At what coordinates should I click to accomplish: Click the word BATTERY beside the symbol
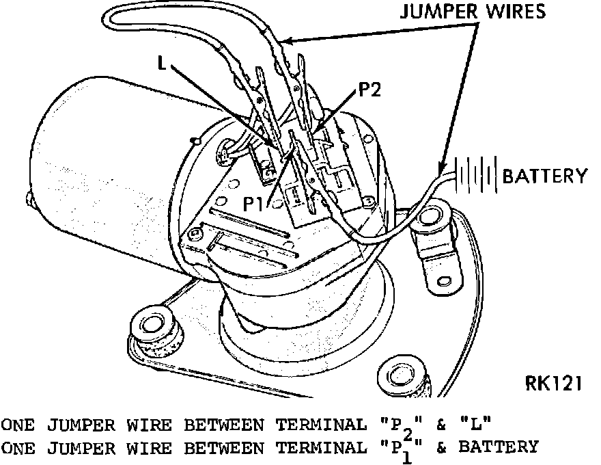point(544,176)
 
